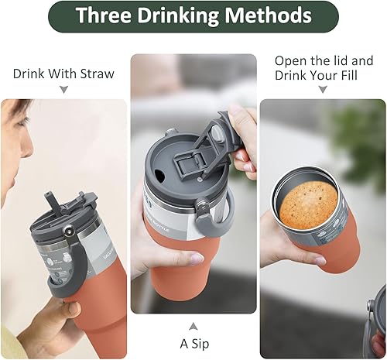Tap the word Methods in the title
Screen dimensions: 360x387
269,16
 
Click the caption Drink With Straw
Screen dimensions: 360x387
63,74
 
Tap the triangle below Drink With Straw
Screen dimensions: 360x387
63,91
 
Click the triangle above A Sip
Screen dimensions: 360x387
193,326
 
